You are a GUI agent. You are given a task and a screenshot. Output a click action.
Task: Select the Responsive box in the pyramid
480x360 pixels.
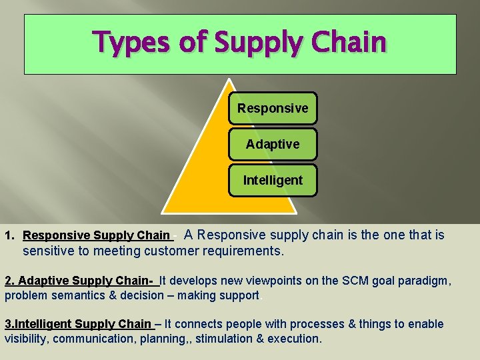tap(273, 108)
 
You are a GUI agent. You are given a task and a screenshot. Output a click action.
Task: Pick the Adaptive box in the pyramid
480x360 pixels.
tap(273, 144)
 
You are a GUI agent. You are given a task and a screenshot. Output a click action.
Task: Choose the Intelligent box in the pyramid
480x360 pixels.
tap(273, 180)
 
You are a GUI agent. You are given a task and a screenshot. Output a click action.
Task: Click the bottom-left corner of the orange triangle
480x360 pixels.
tap(163, 213)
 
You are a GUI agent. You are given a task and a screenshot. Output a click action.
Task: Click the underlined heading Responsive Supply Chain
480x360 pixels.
tap(96, 235)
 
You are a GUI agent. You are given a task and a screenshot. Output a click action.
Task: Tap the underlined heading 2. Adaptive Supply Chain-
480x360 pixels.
tap(79, 281)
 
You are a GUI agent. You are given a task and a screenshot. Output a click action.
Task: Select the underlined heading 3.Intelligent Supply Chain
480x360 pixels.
tap(78, 324)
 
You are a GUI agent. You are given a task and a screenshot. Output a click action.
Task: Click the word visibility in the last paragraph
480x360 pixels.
tap(27, 339)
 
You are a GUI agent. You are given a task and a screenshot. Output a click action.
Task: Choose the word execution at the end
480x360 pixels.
tap(294, 339)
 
